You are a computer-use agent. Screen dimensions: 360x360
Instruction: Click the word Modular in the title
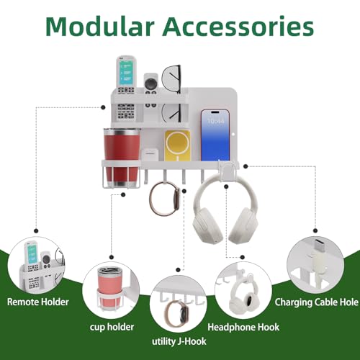[x=100, y=27]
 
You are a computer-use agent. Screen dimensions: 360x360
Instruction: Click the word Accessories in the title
[x=238, y=27]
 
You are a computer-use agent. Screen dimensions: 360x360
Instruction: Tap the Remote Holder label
[x=38, y=302]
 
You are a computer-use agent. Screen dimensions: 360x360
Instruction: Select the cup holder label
[x=112, y=327]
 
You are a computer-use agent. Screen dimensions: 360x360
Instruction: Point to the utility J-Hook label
[x=179, y=341]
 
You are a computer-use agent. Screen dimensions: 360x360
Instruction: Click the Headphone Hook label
[x=243, y=327]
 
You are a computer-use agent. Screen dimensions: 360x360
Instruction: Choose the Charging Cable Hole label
[x=317, y=302]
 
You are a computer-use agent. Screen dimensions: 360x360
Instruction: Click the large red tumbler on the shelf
[x=122, y=158]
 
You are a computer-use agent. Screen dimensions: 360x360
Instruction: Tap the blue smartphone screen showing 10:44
[x=215, y=135]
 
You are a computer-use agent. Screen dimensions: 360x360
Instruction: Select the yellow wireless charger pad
[x=177, y=145]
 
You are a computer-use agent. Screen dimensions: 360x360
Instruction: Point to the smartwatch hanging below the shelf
[x=164, y=199]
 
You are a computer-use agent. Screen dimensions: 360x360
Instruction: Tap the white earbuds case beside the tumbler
[x=150, y=155]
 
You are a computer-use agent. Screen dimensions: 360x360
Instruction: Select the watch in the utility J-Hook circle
[x=177, y=314]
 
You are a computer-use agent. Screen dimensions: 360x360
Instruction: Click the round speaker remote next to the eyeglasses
[x=150, y=90]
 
